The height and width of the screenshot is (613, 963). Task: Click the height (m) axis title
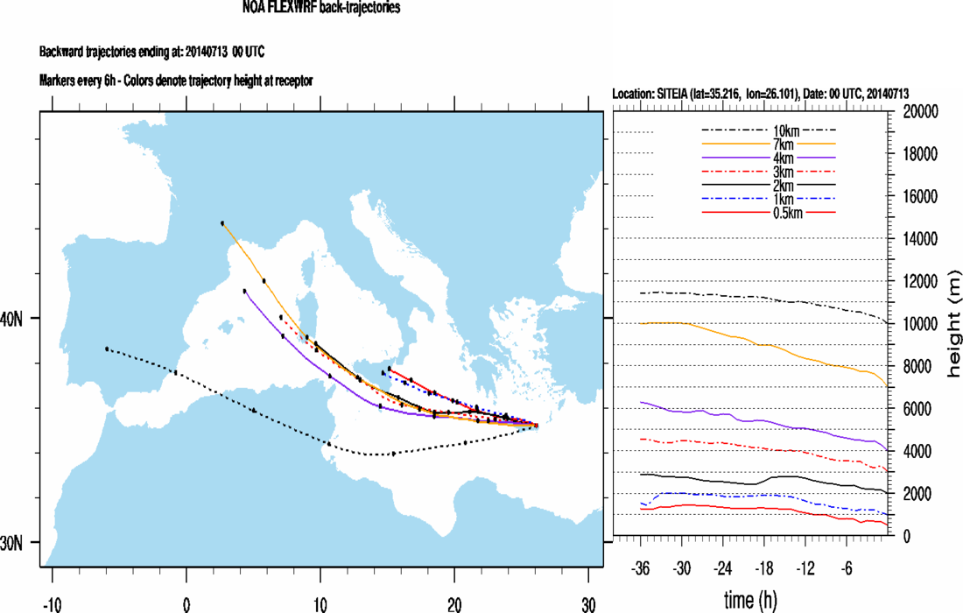(x=952, y=324)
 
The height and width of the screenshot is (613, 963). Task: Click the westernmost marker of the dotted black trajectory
(x=107, y=349)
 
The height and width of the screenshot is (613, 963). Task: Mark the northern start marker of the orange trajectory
(x=223, y=223)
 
